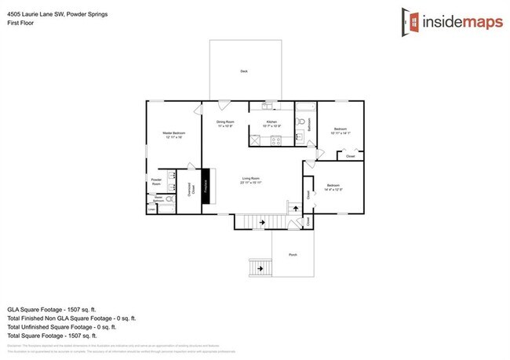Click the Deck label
click(243, 71)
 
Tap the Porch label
click(293, 255)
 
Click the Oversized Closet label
click(191, 188)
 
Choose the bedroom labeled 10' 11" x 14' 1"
click(341, 131)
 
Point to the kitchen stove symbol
click(275, 141)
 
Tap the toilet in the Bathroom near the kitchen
click(301, 122)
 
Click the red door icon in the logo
click(407, 21)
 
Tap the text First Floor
click(20, 24)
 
